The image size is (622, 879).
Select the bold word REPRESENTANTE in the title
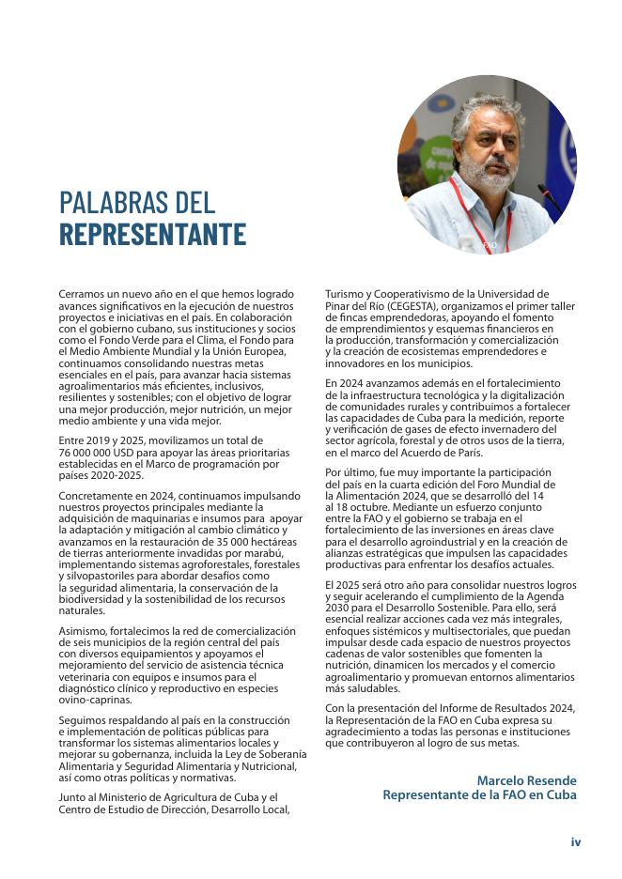point(152,234)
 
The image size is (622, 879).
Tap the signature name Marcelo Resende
point(526,780)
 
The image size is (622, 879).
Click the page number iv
point(576,841)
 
